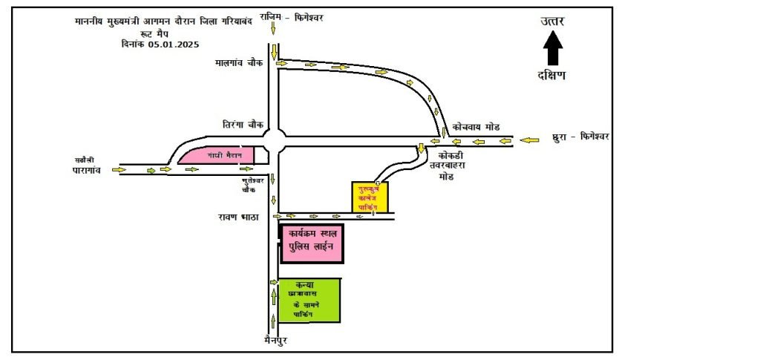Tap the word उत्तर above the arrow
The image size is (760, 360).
(552, 22)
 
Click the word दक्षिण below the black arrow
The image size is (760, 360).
(552, 75)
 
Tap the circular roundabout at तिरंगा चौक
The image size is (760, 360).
(275, 140)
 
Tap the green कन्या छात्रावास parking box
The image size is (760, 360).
(309, 300)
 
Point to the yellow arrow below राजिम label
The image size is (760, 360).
(274, 28)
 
